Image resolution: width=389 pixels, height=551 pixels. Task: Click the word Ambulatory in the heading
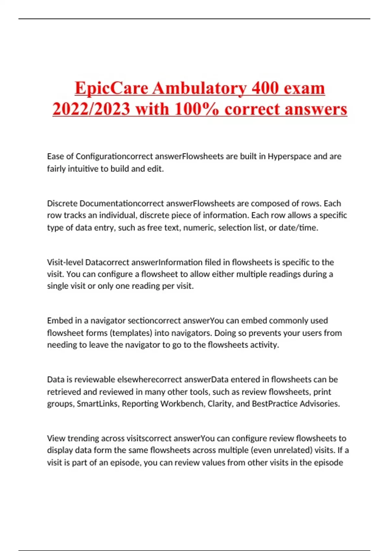(199, 88)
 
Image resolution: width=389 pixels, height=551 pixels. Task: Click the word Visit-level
(65, 262)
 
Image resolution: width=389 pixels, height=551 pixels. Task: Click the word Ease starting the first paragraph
(55, 157)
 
